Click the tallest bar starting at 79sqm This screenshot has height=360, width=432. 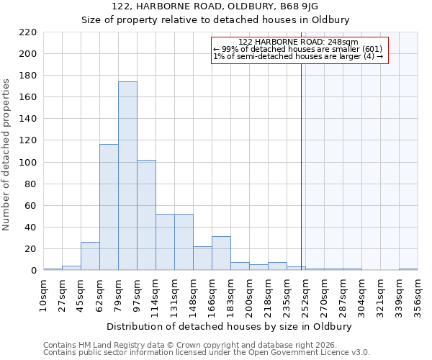coord(127,176)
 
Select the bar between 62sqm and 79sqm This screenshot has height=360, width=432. coord(109,207)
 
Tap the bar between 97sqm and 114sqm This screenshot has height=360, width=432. coord(146,215)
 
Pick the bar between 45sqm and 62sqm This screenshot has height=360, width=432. coord(90,256)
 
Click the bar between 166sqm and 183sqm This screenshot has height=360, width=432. coord(221,253)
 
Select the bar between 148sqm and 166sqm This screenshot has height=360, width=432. coord(202,258)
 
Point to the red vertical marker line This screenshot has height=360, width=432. coord(301,166)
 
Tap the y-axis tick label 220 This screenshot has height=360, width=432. coord(27,32)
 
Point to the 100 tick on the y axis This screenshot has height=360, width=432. coord(27,163)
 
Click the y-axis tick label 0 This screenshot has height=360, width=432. coord(33,271)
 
